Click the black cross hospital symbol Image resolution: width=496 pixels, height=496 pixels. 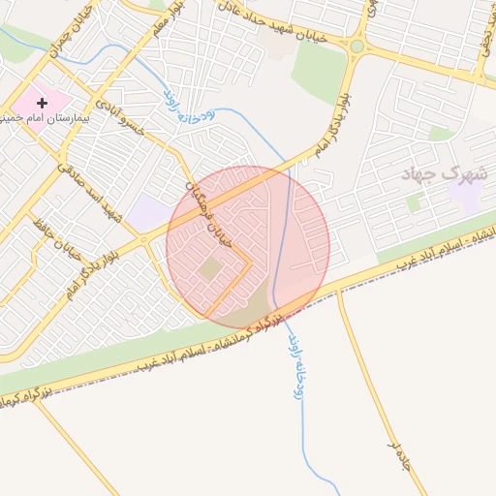point(42,103)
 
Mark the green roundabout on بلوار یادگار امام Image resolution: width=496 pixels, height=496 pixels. point(356,46)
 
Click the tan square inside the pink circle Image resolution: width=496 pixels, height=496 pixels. point(210,267)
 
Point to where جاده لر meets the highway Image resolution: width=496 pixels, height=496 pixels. point(338,290)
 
